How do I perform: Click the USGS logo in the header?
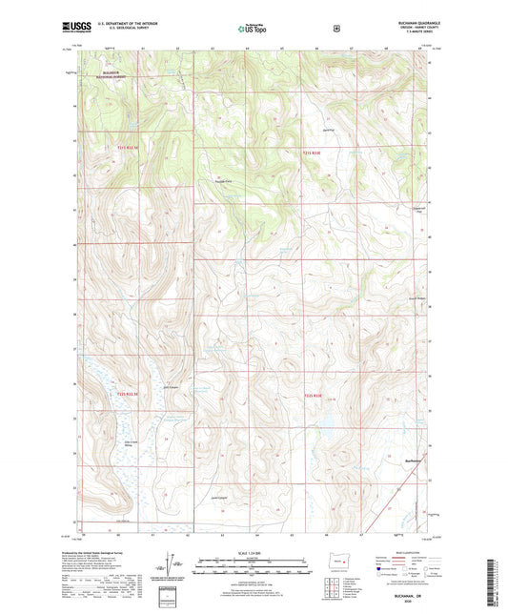(x=96, y=27)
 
